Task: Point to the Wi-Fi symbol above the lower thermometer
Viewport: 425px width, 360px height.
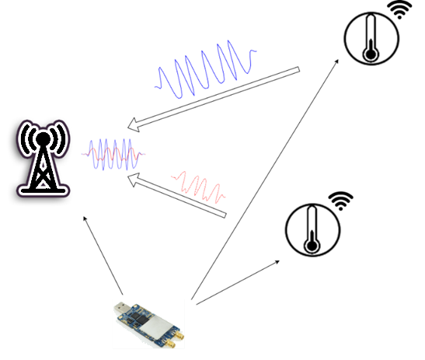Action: click(x=339, y=201)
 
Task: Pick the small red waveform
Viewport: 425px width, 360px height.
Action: click(x=199, y=185)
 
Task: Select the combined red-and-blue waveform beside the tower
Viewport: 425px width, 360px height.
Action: click(x=114, y=153)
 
